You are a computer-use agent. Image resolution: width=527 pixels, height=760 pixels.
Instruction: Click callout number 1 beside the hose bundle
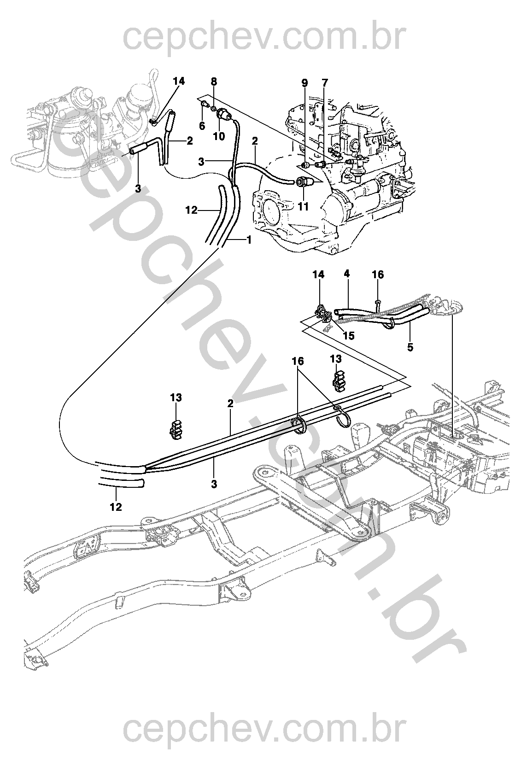(249, 240)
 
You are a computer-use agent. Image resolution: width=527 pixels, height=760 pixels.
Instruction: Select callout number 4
(346, 274)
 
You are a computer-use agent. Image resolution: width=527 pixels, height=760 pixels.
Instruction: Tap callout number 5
(410, 347)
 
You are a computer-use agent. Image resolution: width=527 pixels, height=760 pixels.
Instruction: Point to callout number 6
(202, 126)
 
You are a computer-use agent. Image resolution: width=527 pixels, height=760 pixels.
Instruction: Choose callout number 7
(325, 82)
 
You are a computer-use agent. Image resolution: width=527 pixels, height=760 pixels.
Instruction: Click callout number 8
(214, 82)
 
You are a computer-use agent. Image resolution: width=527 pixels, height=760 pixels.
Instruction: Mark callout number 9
(304, 82)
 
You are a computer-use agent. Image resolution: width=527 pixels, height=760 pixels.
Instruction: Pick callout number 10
(219, 136)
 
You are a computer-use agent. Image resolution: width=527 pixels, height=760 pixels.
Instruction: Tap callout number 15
(349, 336)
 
